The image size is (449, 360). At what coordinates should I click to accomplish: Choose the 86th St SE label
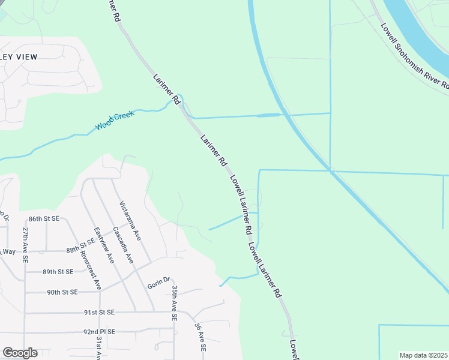point(44,220)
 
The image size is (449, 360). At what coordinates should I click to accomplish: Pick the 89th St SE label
point(58,272)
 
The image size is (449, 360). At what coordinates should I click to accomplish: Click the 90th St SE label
point(62,292)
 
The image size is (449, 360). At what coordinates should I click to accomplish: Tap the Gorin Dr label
point(159,282)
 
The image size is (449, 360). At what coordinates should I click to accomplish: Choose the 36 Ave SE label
point(200,337)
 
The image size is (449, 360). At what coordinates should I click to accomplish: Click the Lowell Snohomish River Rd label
point(415,56)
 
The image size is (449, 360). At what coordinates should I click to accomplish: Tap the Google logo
point(20,353)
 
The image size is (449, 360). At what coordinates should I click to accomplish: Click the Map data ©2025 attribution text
point(423,355)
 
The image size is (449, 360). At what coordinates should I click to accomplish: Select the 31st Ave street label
point(98,347)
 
